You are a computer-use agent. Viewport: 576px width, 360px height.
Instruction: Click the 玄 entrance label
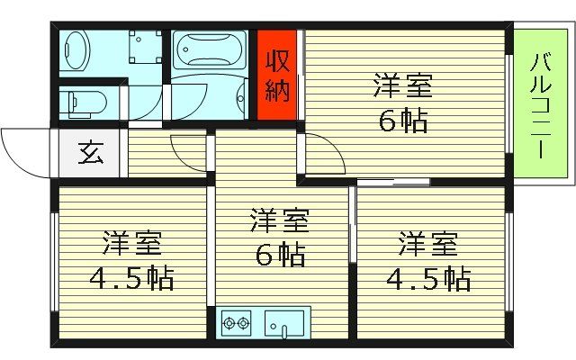point(90,153)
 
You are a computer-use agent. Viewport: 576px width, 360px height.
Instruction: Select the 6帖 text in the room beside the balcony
point(402,121)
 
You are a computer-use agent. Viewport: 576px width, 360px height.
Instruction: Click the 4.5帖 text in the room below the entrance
point(131,277)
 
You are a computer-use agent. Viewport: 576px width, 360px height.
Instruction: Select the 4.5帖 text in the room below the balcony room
point(428,277)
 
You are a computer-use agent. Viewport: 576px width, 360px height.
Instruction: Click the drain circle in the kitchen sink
point(278,325)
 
